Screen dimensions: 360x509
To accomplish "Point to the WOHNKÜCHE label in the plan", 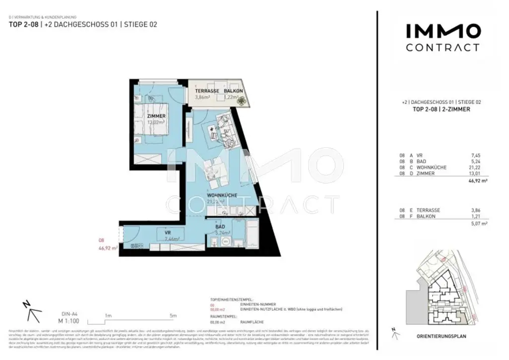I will (222, 195).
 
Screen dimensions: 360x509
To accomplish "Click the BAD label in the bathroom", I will (220, 226).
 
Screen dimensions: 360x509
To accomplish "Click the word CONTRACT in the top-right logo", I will (442, 48).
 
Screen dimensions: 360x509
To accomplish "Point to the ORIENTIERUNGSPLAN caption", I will (441, 336).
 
